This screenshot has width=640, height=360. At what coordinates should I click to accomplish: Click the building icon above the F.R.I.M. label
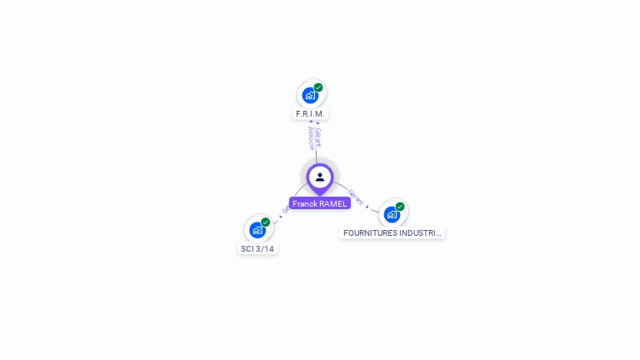pos(310,95)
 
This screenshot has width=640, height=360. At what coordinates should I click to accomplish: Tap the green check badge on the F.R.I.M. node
pos(318,87)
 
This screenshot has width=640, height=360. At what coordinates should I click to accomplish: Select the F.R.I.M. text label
pos(310,113)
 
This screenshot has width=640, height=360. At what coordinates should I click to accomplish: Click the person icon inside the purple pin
pos(320,177)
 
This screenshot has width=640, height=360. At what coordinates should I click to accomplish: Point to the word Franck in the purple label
pos(305,203)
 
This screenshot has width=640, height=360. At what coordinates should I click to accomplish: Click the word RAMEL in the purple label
pos(333,203)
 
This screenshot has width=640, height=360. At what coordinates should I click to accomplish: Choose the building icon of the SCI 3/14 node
pos(257,230)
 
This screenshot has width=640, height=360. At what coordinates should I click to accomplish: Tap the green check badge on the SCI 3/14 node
pos(266,222)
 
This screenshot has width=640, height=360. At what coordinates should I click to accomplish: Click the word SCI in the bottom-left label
pos(247,248)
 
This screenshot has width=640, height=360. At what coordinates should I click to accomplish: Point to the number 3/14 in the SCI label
pos(264,248)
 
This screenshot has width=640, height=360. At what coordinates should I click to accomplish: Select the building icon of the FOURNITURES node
pos(392,214)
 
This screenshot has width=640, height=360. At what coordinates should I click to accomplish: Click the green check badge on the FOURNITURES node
pos(400,207)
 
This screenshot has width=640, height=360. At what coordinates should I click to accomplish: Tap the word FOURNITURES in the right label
pos(370,233)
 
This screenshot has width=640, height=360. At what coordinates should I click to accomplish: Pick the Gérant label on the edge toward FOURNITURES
pos(356,197)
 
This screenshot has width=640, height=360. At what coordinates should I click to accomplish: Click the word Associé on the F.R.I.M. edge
pos(311,137)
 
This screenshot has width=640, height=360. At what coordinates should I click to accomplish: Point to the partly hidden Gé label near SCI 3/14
pos(286,210)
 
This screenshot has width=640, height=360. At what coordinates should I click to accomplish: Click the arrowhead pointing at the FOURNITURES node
pos(367,206)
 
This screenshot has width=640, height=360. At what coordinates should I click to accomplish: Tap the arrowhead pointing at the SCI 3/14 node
pos(279,218)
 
